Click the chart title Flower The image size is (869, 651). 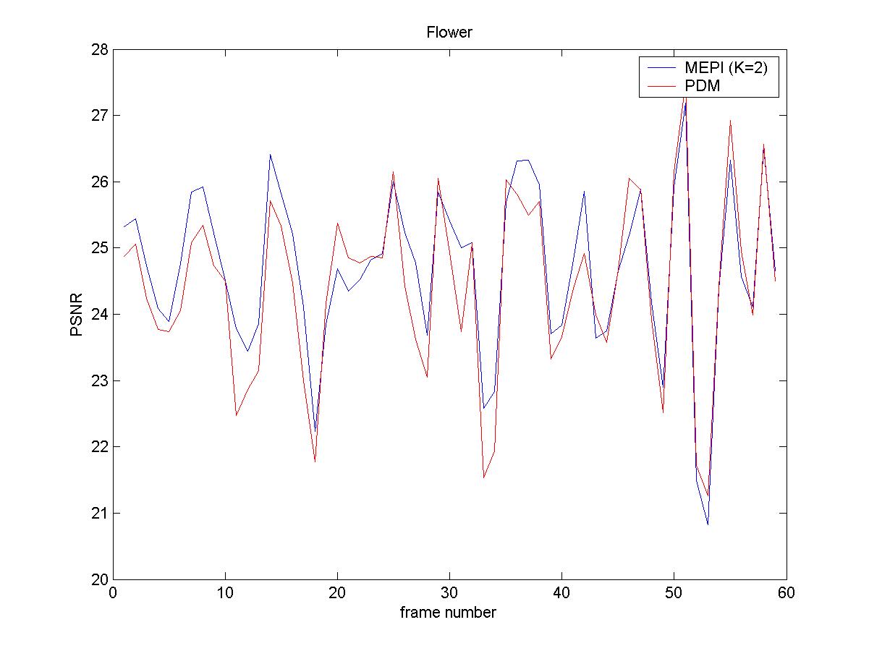(449, 33)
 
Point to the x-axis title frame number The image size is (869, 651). (449, 613)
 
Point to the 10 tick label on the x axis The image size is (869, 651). (225, 593)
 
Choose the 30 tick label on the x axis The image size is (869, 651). (449, 593)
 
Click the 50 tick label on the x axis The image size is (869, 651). (674, 593)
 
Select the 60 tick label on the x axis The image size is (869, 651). (787, 593)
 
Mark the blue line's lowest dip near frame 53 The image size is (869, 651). (708, 524)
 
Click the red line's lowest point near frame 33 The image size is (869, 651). (483, 477)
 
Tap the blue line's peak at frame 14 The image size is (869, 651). (270, 154)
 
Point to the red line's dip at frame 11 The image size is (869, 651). (236, 415)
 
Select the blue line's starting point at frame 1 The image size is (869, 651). (124, 227)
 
